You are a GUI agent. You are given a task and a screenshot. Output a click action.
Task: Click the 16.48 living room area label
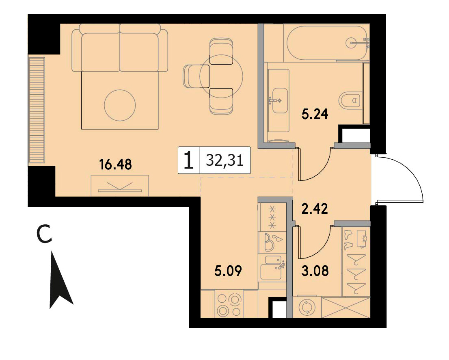pos(115,165)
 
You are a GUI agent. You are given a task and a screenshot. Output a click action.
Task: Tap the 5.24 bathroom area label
pos(314,114)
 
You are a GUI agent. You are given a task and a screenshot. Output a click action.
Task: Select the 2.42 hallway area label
pos(314,209)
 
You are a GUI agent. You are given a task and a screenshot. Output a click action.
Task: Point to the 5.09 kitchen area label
pos(228,271)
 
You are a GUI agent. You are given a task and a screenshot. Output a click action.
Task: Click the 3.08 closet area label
pos(315,271)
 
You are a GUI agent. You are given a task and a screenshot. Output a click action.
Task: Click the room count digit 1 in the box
pos(188,160)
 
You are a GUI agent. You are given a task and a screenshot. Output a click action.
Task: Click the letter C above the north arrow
pos(45,234)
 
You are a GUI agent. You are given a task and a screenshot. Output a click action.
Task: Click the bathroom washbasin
pos(280,100)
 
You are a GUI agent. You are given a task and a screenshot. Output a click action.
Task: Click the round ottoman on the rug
pos(119,105)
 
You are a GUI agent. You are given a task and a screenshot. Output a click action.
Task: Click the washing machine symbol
pos(307,308)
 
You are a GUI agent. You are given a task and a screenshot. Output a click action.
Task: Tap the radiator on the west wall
pos(37,111)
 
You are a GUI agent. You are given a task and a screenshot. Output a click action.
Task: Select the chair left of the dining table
pos(196,76)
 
